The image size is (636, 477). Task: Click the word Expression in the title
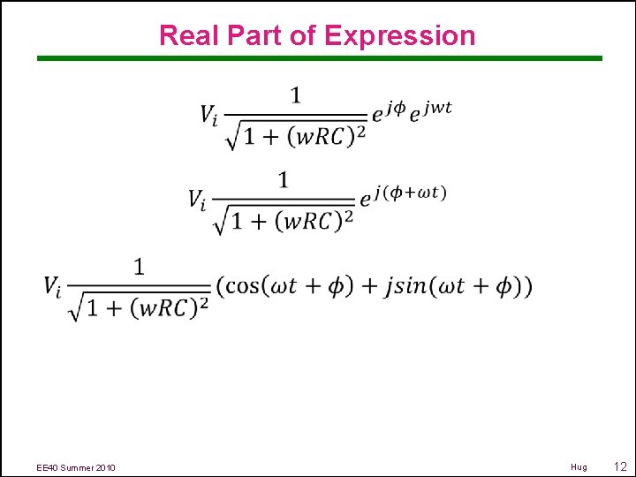399,35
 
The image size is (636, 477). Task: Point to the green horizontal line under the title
319,59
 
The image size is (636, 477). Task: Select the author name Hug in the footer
579,467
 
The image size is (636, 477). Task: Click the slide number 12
619,466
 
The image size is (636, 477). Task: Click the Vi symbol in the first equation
210,115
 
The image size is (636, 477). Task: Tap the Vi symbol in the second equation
199,201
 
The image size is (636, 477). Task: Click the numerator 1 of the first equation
296,95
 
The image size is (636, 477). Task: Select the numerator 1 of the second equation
284,180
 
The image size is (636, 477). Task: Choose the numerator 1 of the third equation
139,266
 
